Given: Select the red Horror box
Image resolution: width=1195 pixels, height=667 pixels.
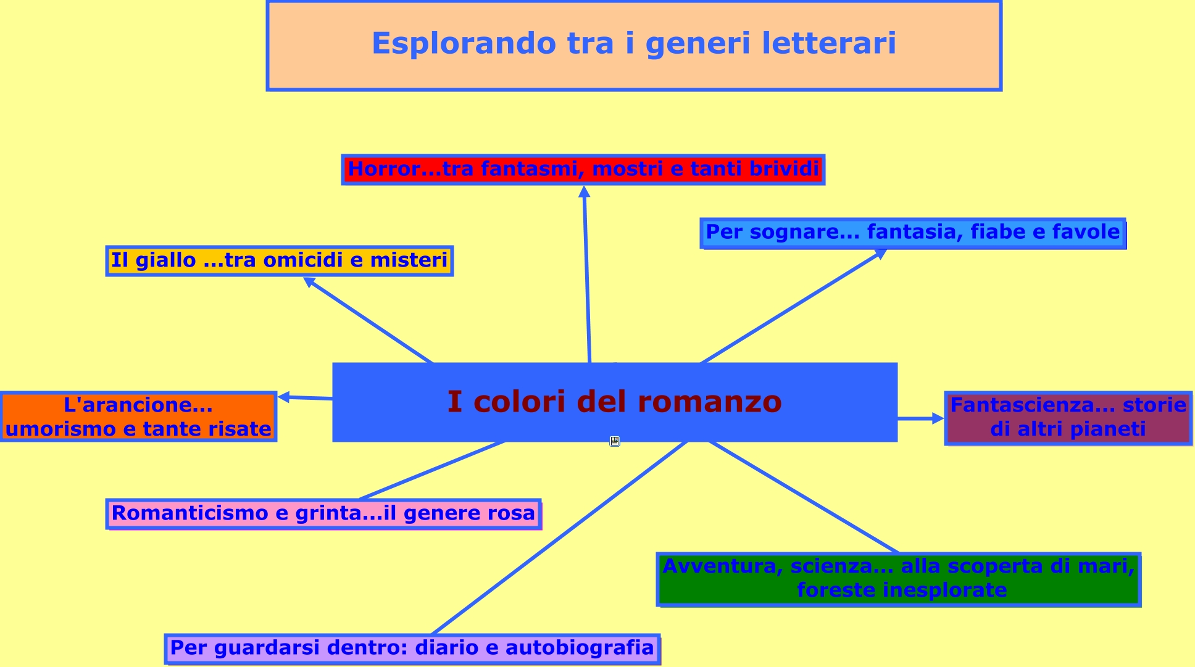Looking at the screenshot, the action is tap(583, 170).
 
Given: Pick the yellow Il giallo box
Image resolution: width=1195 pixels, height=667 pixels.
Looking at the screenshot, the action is tap(279, 260).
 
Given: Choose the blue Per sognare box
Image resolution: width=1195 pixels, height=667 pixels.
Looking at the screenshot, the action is tap(912, 233).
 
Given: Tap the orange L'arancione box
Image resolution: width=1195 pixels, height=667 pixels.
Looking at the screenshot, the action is tap(138, 416).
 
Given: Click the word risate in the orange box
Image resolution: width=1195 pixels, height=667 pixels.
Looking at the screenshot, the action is tap(238, 429).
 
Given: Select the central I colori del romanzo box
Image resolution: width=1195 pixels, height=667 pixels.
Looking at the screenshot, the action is tap(614, 402).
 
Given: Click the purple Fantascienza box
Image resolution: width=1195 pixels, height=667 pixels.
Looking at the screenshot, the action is tap(1068, 418).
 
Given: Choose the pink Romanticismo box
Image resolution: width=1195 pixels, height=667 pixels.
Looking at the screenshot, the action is tap(323, 514).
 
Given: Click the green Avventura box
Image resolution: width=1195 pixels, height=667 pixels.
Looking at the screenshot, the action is tap(898, 579).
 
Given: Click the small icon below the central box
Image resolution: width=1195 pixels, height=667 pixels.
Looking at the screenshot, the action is tap(614, 441).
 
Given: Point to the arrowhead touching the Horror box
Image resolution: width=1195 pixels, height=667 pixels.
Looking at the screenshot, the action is tap(584, 192).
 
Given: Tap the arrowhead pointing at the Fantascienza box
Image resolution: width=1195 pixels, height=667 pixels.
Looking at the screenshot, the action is tap(938, 418).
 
